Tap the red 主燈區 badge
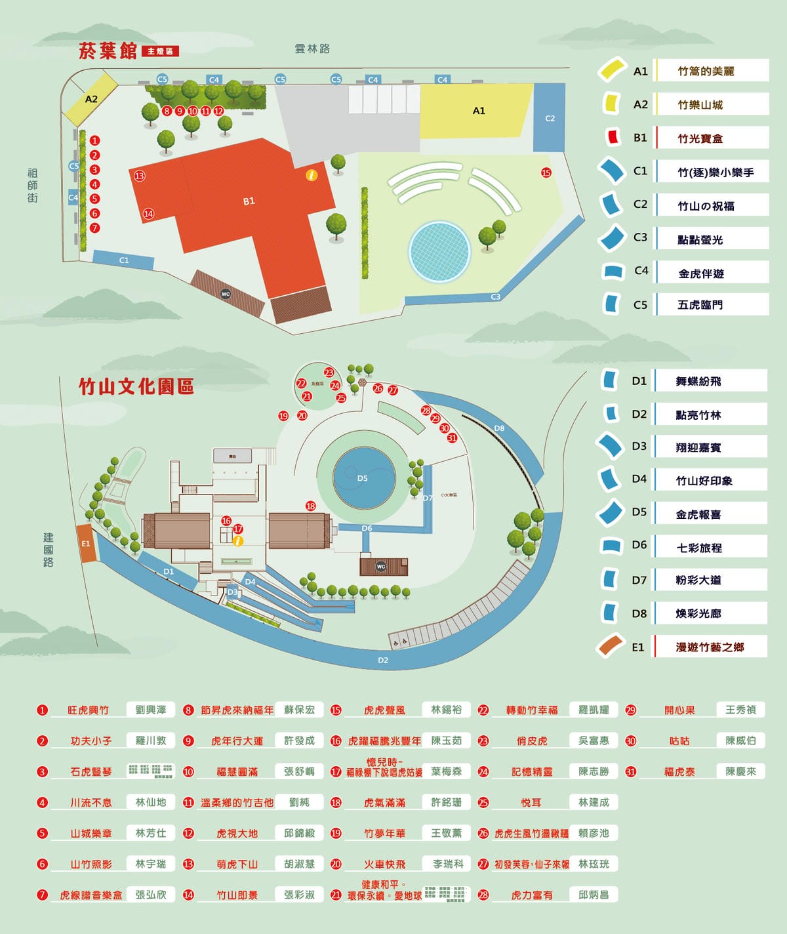click(160, 51)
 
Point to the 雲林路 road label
click(312, 49)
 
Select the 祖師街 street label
click(33, 185)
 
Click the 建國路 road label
click(49, 550)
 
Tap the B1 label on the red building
click(249, 201)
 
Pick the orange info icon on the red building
click(312, 175)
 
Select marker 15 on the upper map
click(546, 173)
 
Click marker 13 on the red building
click(139, 176)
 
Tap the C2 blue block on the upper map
click(550, 119)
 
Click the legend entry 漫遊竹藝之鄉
click(710, 647)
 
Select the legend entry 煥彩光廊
click(698, 614)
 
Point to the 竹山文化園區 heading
click(136, 387)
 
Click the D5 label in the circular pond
click(363, 478)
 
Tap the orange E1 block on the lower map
click(86, 544)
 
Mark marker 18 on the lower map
click(311, 506)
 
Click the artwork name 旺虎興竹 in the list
click(89, 710)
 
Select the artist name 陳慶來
click(740, 771)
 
